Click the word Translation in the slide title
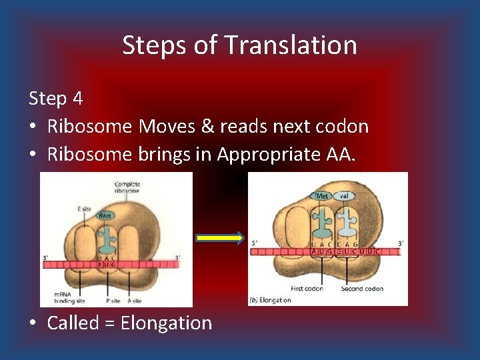291,45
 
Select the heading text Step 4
56,99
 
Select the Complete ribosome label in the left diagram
127,188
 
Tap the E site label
84,209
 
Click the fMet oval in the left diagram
106,216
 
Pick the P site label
113,301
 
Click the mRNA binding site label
66,297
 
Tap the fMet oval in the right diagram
322,196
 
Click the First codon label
307,289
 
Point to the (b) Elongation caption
270,300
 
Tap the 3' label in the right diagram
400,244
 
